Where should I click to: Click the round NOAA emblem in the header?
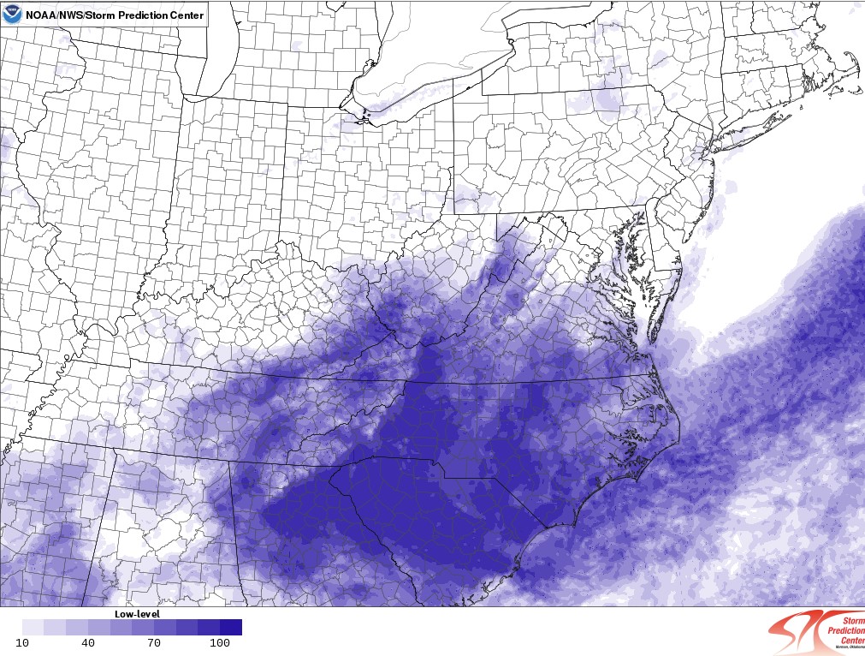12,14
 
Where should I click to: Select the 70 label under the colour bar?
155,642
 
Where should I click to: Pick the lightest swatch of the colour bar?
33,627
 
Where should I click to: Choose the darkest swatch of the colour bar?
231,627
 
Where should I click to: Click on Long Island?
753,129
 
